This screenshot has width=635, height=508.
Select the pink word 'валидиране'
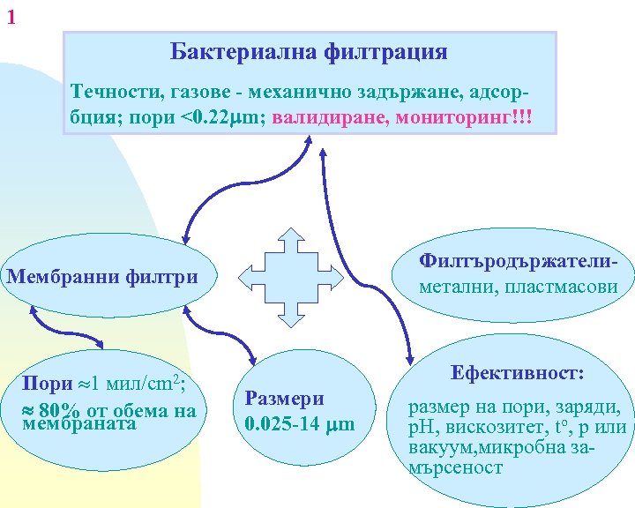click(x=330, y=118)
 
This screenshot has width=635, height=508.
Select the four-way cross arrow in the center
click(x=290, y=265)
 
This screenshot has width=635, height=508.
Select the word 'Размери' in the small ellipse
click(x=285, y=399)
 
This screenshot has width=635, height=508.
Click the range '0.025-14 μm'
click(x=300, y=423)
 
